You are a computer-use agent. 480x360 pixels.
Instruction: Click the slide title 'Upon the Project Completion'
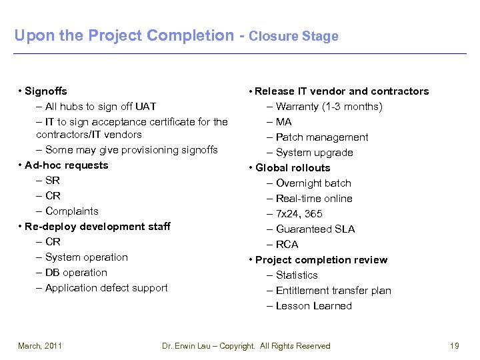tap(123, 35)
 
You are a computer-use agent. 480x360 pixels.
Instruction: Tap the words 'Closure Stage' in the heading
tap(293, 37)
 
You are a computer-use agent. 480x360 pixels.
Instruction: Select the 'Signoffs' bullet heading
tap(45, 91)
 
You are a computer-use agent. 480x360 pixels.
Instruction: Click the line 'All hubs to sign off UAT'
tap(100, 107)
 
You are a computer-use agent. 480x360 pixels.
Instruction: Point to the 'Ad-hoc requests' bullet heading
tap(66, 165)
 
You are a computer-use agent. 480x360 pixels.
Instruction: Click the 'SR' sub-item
tap(53, 181)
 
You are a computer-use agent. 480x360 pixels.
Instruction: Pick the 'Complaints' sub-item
tap(71, 211)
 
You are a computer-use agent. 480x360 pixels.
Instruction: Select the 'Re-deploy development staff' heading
tap(97, 227)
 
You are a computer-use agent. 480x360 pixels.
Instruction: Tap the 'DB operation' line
tap(76, 273)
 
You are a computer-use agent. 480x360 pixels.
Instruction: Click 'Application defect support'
tap(106, 288)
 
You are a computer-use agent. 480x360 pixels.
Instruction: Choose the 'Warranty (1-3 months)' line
tap(329, 107)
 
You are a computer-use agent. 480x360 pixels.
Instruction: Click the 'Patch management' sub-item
tap(321, 137)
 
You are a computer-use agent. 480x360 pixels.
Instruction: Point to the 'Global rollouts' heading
tap(293, 168)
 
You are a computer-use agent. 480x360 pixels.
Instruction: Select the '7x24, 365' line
tap(299, 214)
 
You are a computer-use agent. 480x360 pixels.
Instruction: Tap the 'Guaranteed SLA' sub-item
tap(315, 229)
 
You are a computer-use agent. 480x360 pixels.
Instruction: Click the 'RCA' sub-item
tap(287, 245)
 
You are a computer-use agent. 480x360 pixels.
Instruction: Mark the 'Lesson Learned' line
tap(313, 306)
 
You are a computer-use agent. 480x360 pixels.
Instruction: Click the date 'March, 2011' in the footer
tap(40, 346)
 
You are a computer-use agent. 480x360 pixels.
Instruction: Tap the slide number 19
tap(455, 346)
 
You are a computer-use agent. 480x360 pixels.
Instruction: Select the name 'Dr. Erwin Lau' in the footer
tap(189, 346)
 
